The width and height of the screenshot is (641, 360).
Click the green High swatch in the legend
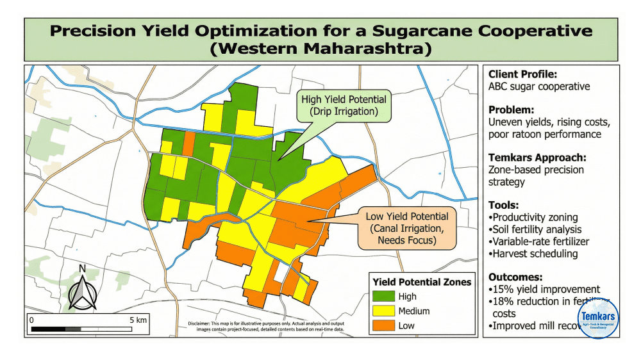pos(383,297)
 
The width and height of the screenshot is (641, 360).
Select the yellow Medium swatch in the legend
pos(383,311)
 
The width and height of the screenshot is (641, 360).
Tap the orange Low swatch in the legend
pos(383,325)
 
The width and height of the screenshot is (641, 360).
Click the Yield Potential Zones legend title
pos(422,282)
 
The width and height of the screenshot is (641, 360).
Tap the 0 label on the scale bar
pos(31,319)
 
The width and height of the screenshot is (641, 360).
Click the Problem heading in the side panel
pos(511,110)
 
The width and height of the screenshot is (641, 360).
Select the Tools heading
pos(503,205)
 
